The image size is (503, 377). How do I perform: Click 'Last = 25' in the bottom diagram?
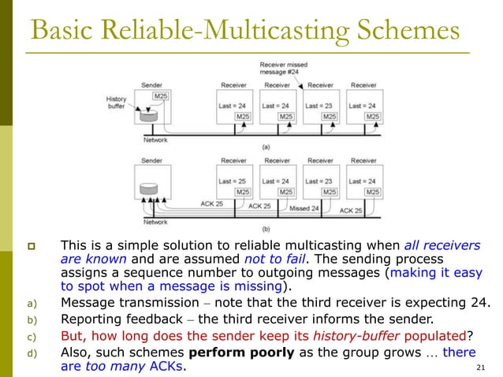[233, 181]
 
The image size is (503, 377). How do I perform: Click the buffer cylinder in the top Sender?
[147, 116]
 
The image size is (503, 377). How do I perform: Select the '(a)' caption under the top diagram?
[266, 147]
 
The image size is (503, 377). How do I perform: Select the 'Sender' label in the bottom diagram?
[152, 160]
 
